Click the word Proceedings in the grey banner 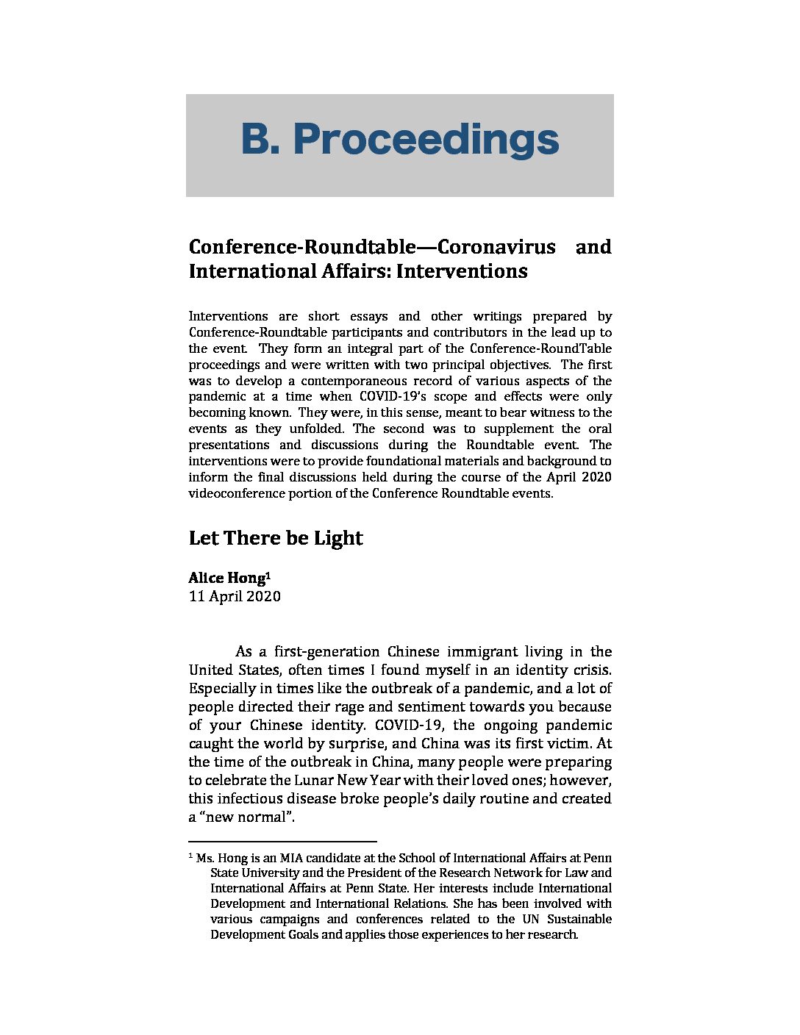(426, 140)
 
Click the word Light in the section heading (338, 538)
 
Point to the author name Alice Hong (226, 578)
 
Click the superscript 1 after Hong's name (268, 574)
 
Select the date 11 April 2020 (235, 596)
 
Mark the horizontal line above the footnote (282, 841)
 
